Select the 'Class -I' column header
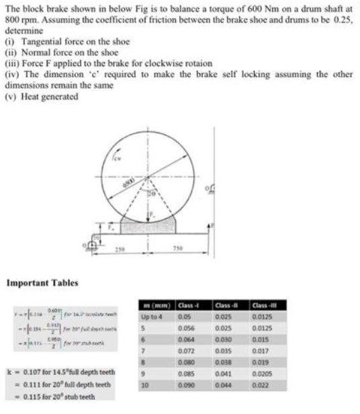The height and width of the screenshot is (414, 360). pos(188,307)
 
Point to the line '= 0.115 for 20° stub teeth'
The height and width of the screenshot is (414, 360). pos(54,397)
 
